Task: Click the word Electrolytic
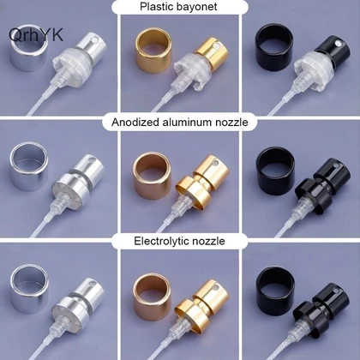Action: point(161,242)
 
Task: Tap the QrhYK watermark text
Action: point(36,34)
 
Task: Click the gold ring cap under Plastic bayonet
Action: point(153,50)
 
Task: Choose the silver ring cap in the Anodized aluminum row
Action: point(29,165)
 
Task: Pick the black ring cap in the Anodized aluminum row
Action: point(276,167)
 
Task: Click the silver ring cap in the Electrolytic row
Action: point(30,288)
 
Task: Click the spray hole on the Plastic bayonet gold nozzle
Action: point(219,45)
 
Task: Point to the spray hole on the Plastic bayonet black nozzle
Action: point(339,44)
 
